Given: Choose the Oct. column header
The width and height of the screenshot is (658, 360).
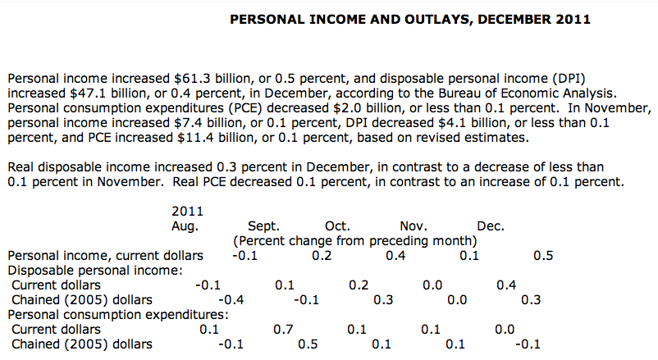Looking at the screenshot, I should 338,226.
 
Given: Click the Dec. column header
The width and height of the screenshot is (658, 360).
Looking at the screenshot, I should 491,226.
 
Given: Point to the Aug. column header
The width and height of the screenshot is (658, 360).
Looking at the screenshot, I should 185,226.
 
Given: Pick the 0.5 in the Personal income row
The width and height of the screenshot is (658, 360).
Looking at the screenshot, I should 543,255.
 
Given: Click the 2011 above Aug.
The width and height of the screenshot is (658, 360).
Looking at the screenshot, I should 187,211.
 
